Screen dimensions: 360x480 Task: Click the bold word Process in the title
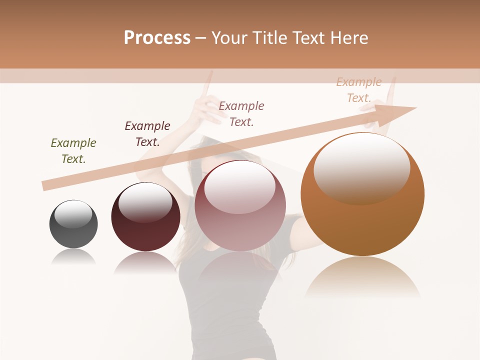[157, 38]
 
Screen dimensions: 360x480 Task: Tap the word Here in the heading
[350, 38]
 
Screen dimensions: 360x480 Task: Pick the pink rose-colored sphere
[240, 225]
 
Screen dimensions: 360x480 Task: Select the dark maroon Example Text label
[147, 134]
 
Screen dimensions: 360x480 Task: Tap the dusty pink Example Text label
[241, 114]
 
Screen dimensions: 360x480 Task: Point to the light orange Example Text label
[359, 90]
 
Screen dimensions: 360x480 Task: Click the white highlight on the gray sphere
[73, 214]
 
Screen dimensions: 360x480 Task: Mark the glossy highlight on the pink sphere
[240, 186]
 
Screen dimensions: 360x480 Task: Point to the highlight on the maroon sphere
[145, 201]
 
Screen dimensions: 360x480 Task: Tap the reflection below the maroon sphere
[145, 262]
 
